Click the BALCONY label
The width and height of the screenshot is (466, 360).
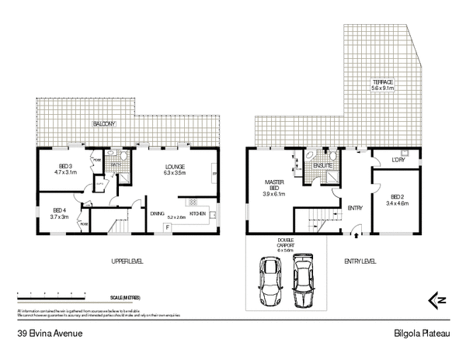(104, 124)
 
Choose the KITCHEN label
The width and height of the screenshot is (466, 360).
(197, 213)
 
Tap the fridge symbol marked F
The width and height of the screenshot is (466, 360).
(167, 227)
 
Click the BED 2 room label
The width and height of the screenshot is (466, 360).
(398, 198)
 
